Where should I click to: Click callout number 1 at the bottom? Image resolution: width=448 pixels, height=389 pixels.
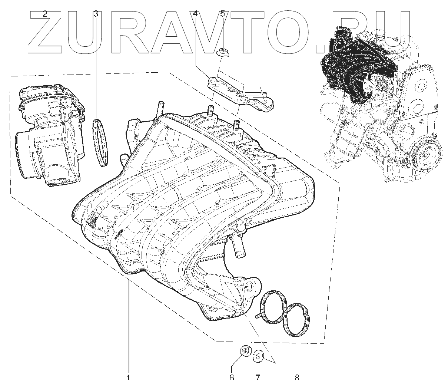tap(128, 378)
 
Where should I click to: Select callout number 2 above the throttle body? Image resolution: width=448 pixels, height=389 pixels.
tap(45, 14)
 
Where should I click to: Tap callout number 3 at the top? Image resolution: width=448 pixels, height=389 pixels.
tap(96, 14)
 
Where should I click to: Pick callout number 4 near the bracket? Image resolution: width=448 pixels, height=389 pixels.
tap(195, 14)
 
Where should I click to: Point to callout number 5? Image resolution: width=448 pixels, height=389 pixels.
tap(222, 14)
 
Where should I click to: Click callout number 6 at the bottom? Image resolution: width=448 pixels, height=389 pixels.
tap(232, 378)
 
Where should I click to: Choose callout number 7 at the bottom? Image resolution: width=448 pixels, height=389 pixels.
tap(258, 378)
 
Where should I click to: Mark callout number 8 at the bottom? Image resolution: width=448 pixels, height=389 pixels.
tap(297, 378)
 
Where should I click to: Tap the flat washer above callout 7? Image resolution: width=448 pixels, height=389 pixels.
tap(258, 356)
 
